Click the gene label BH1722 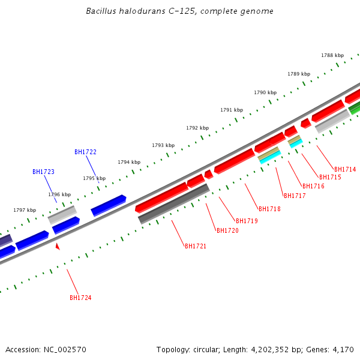(85, 152)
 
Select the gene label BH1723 (43, 172)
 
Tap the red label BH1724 (80, 298)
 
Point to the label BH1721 (196, 246)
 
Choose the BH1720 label (227, 230)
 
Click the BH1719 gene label (247, 221)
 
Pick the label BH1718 (269, 209)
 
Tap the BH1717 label (295, 196)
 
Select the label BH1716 (313, 186)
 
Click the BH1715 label (330, 177)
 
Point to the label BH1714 (345, 169)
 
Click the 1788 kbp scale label (332, 55)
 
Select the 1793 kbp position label (163, 145)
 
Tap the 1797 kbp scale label (25, 210)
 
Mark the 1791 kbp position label (232, 110)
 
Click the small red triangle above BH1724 (58, 246)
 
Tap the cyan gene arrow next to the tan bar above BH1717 (270, 157)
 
